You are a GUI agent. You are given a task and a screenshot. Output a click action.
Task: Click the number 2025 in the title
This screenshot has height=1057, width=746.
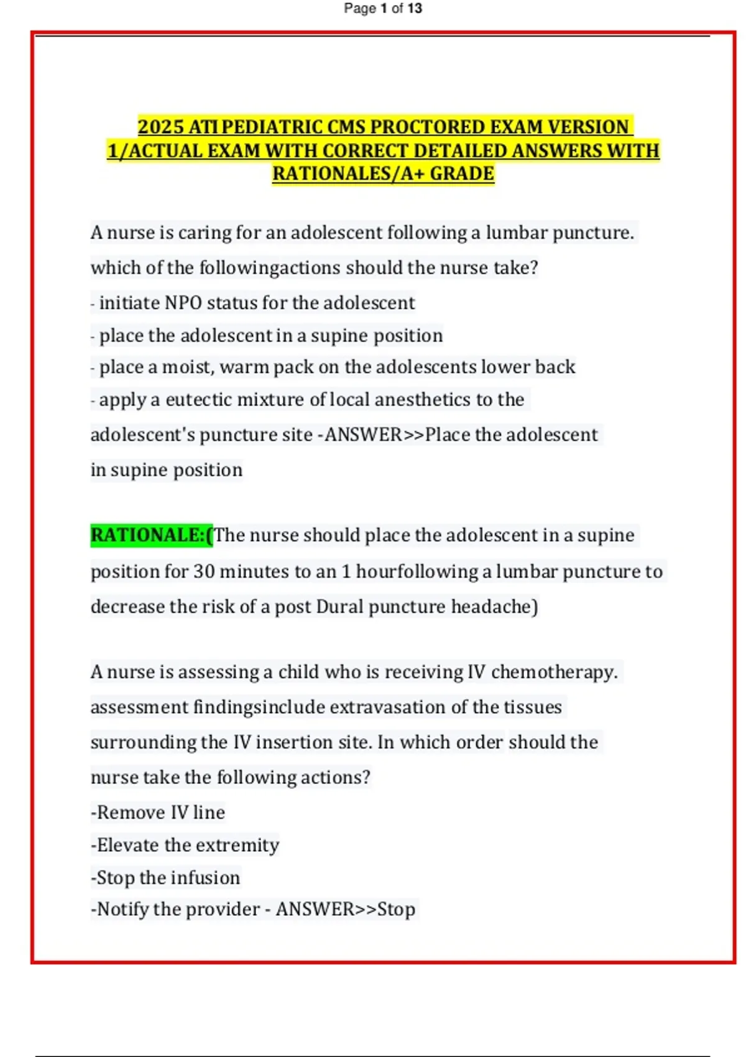(160, 127)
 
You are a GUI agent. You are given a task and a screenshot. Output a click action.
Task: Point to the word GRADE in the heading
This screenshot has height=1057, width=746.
(462, 173)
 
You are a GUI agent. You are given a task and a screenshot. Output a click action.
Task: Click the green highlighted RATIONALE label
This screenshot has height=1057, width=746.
(152, 535)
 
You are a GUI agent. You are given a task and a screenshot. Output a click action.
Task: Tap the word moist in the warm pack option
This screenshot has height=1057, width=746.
(186, 367)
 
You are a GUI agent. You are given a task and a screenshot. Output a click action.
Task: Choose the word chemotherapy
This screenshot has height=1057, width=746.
(554, 672)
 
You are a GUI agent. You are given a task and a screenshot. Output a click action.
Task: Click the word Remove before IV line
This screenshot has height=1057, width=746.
(131, 812)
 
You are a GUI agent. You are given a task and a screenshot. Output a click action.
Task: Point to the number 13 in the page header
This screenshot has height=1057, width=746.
(415, 9)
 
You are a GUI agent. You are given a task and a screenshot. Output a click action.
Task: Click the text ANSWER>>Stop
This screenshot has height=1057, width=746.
(346, 909)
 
